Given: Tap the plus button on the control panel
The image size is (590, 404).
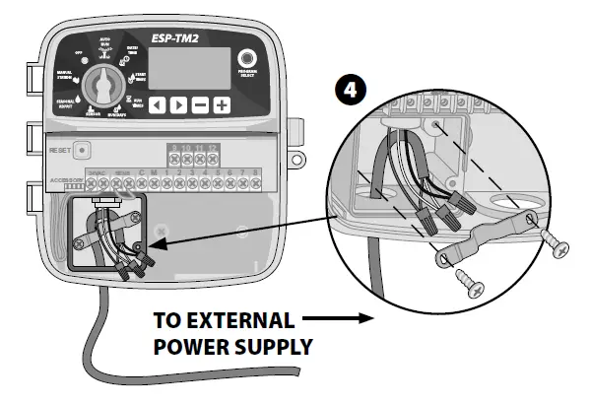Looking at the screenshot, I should coord(224,104).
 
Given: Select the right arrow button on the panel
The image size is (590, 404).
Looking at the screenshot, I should coord(178,104).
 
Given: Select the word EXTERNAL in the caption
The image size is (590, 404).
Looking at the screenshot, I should coord(243,321).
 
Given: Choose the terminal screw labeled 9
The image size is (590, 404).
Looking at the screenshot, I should coord(173,158).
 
